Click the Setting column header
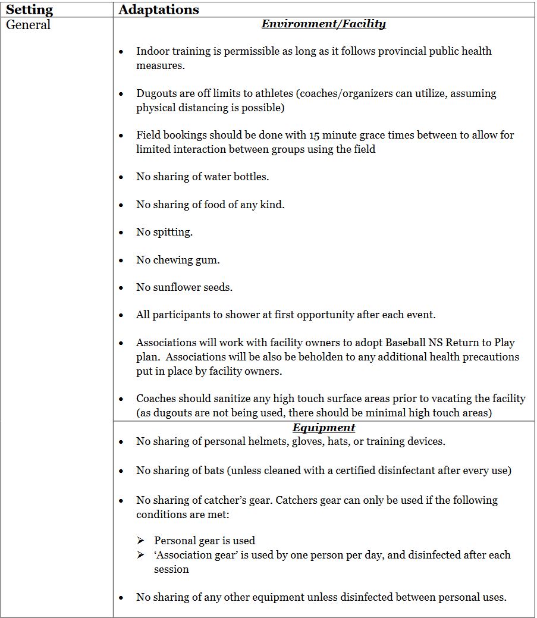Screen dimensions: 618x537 [x=29, y=10]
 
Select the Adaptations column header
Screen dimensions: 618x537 [x=159, y=10]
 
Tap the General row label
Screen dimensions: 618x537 [x=29, y=25]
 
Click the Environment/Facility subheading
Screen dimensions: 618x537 [x=324, y=24]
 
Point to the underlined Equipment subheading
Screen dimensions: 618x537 [x=324, y=428]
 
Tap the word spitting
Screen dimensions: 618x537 [x=173, y=232]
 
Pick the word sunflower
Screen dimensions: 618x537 [x=178, y=287]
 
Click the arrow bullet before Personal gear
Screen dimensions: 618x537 [x=140, y=541]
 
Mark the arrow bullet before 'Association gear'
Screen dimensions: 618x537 [x=140, y=555]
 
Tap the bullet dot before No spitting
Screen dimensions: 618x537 [x=121, y=233]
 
